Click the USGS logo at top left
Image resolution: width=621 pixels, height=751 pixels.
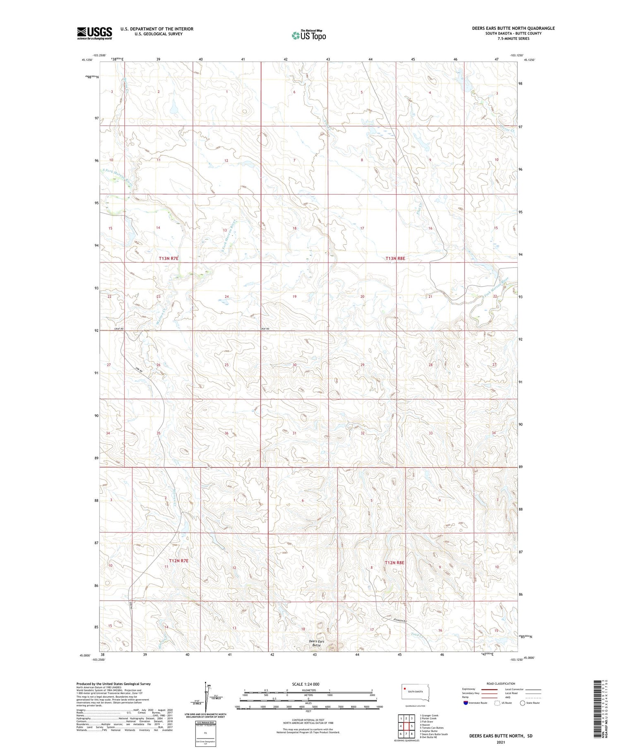(x=94, y=33)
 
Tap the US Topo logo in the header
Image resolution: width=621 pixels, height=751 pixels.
(x=309, y=35)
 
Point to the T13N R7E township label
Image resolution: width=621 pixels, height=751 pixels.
(x=168, y=258)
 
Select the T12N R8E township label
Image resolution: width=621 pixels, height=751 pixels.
(x=394, y=563)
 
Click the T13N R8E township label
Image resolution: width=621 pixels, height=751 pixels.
(x=395, y=258)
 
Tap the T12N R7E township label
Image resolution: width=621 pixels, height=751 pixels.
(x=178, y=560)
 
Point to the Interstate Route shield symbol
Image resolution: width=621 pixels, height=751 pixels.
(x=466, y=703)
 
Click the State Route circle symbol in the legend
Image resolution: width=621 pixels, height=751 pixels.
(x=522, y=703)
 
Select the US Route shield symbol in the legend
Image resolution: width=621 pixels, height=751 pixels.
(x=497, y=703)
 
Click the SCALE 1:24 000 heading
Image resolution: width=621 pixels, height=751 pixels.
(x=306, y=684)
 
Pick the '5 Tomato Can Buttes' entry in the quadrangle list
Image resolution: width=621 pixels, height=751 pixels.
(x=431, y=727)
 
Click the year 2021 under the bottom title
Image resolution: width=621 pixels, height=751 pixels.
(x=501, y=742)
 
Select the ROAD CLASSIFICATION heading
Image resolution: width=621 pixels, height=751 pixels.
(x=501, y=683)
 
